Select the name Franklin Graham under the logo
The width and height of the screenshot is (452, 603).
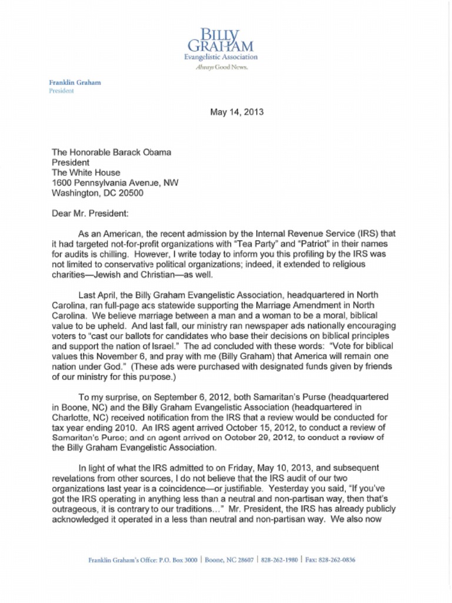click(x=74, y=82)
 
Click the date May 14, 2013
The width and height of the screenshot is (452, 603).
click(x=237, y=112)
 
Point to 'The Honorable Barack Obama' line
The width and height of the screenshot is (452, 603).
click(x=112, y=152)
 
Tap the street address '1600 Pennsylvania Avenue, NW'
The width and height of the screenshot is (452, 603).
click(x=115, y=183)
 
